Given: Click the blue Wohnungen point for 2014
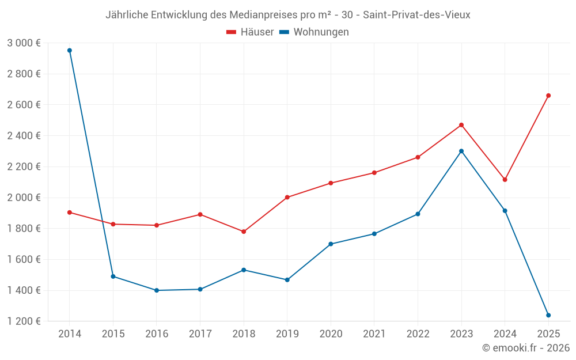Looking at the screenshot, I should [70, 50].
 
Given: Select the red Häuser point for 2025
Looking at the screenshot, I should [548, 96].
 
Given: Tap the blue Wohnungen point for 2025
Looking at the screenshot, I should [548, 315].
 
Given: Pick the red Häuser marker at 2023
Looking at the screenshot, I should [461, 125].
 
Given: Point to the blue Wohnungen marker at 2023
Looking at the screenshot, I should [461, 151].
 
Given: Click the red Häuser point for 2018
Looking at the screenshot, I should [244, 232].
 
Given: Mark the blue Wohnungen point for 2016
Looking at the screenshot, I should [157, 290].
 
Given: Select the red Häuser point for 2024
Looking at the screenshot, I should [505, 180].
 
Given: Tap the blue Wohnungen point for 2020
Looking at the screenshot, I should [331, 244].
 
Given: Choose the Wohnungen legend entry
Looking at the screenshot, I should [314, 32].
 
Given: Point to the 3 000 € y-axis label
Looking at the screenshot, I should [24, 43].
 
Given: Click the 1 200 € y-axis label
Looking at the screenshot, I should [24, 321].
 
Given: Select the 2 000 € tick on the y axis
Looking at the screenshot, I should [24, 198].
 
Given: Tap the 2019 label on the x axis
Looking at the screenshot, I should [287, 334].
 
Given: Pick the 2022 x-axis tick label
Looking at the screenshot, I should [418, 334].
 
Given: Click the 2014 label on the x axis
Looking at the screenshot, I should [70, 334].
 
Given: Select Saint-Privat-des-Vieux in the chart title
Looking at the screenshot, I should [416, 15].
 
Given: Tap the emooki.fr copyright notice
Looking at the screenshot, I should [526, 348].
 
